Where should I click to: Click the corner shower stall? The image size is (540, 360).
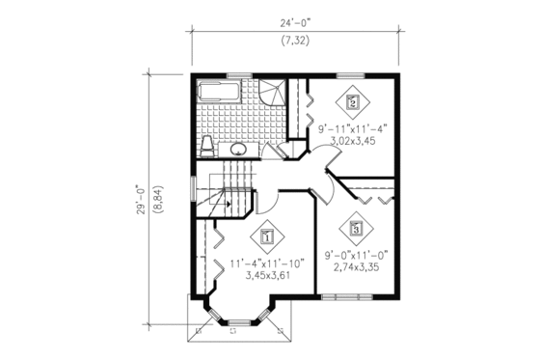274,96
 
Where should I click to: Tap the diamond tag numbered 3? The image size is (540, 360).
356,229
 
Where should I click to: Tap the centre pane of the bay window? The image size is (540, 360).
238,326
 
